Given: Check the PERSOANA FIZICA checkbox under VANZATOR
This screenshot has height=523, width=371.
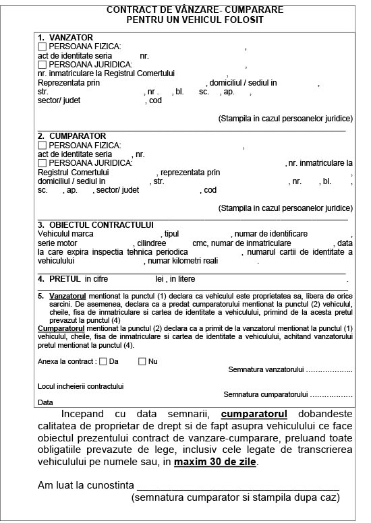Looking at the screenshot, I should (42, 47).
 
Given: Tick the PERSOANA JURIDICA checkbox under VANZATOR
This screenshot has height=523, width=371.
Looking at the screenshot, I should (42, 65).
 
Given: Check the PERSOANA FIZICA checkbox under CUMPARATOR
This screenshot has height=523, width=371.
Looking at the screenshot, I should (42, 146).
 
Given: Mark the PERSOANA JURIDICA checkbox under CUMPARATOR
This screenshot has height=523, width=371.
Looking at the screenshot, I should (42, 163).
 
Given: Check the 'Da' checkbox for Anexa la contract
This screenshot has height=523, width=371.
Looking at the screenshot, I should (103, 361).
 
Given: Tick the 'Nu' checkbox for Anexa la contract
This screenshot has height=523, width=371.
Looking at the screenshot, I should (142, 361).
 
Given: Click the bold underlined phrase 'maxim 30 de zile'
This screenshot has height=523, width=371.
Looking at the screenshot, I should (215, 463).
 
